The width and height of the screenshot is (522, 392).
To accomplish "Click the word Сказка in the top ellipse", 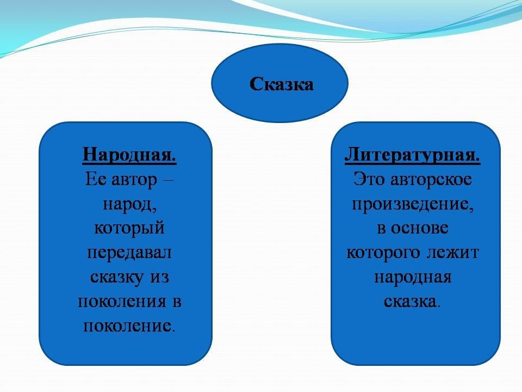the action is [x=281, y=84].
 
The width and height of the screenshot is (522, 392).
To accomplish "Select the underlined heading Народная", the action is [x=129, y=155].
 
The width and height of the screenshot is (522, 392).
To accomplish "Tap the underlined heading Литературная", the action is [x=412, y=155].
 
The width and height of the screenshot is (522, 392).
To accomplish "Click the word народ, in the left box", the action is [x=130, y=204].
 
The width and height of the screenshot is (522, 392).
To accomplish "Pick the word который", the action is [x=129, y=229].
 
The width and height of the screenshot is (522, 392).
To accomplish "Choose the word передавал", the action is [x=129, y=253].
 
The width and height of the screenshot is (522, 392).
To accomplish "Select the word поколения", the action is [x=122, y=302].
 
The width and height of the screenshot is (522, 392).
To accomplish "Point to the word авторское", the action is [x=431, y=180].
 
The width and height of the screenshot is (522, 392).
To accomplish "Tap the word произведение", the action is [x=413, y=204].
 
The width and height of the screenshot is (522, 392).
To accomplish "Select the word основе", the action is [x=419, y=228].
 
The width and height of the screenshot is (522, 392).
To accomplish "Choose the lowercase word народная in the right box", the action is [x=413, y=277].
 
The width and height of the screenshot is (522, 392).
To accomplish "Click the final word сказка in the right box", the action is [x=410, y=302].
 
